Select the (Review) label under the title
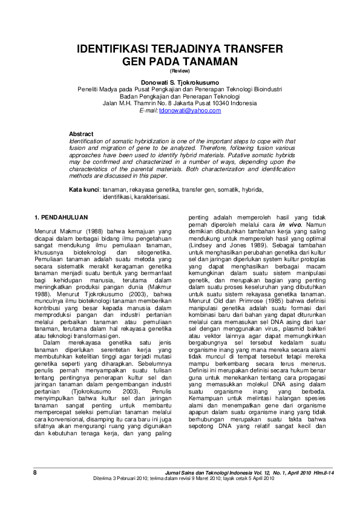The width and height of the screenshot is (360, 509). coord(179,71)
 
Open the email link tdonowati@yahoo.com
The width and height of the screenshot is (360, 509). coord(189,111)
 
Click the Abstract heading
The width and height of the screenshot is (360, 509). coord(81,134)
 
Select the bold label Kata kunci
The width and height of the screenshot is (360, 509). coord(83,189)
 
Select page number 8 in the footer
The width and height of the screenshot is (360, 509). coord(34,472)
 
